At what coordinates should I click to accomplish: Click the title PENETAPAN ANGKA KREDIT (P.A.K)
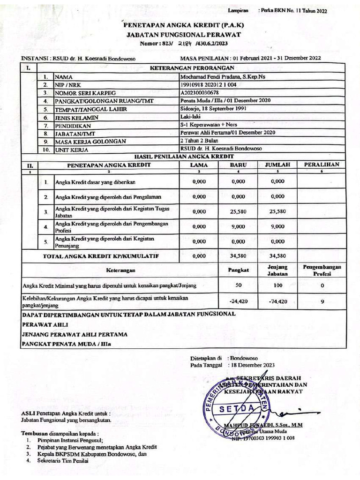click(x=183, y=27)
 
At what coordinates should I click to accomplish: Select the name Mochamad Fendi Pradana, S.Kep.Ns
click(x=223, y=77)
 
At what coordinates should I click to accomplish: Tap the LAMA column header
click(x=199, y=165)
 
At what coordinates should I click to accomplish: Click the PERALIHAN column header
click(x=322, y=165)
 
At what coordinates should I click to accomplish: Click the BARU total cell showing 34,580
click(x=238, y=256)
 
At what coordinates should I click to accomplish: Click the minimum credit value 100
click(x=277, y=285)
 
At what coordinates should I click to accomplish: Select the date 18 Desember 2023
click(x=253, y=365)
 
